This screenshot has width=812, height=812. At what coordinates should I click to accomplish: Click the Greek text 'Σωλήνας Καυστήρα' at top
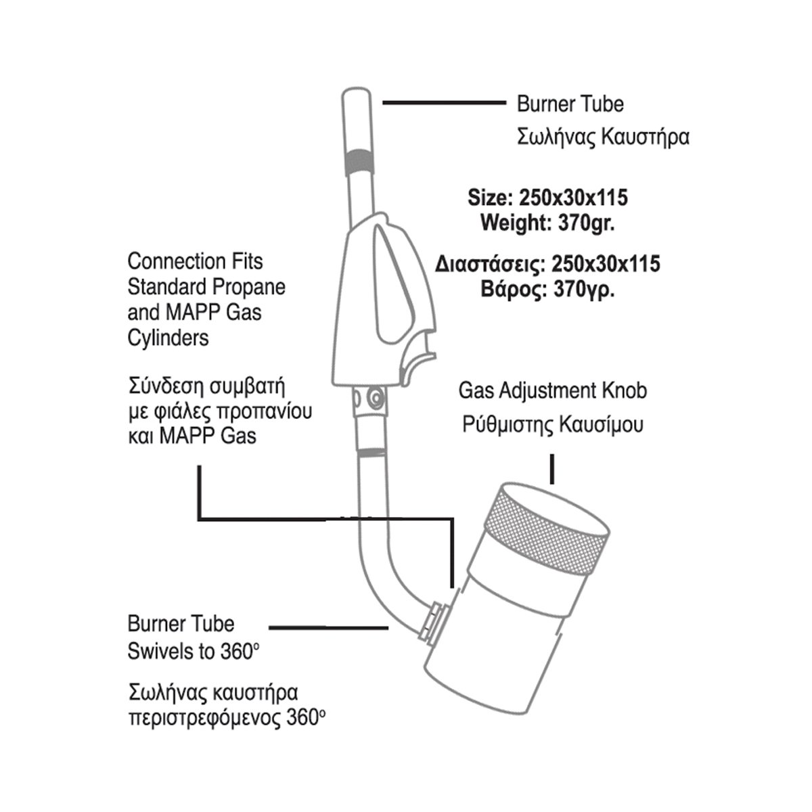(x=603, y=137)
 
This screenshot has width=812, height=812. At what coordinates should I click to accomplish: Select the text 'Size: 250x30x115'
(x=547, y=198)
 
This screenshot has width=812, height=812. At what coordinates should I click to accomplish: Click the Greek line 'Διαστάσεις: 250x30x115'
(x=547, y=264)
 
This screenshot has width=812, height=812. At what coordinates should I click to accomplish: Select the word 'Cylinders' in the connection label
(x=168, y=338)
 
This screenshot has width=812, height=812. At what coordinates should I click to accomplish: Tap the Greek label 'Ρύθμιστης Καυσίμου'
(x=553, y=425)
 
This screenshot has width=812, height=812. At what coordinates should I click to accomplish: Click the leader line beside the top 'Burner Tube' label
(x=445, y=103)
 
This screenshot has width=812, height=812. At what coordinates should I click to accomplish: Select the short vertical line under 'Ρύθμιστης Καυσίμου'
(x=554, y=469)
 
